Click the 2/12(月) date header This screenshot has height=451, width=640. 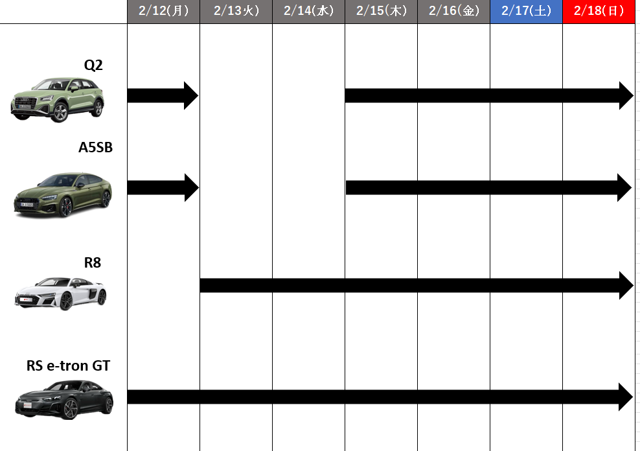pyautogui.click(x=164, y=12)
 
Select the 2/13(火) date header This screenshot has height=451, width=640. pyautogui.click(x=236, y=12)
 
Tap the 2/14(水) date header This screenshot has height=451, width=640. pyautogui.click(x=308, y=12)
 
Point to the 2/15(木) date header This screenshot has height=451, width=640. pyautogui.click(x=382, y=12)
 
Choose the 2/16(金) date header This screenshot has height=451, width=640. pyautogui.click(x=454, y=12)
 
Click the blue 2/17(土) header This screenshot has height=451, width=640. pyautogui.click(x=526, y=12)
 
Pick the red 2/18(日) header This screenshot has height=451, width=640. pyautogui.click(x=599, y=12)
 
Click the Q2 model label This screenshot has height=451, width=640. pyautogui.click(x=93, y=65)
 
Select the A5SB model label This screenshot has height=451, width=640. pyautogui.click(x=95, y=147)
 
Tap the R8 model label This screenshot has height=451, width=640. pyautogui.click(x=93, y=262)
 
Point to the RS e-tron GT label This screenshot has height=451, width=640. pyautogui.click(x=68, y=365)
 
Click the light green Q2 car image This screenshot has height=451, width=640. pyautogui.click(x=58, y=100)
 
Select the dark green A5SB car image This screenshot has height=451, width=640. pyautogui.click(x=63, y=194)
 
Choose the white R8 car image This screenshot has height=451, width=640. pyautogui.click(x=60, y=293)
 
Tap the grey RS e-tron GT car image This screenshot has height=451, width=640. pyautogui.click(x=64, y=399)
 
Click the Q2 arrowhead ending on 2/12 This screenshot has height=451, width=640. pyautogui.click(x=190, y=95)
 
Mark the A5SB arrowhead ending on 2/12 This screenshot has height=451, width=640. pyautogui.click(x=192, y=188)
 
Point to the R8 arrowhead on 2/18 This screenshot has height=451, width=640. pyautogui.click(x=626, y=285)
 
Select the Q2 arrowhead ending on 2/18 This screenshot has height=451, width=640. pyautogui.click(x=626, y=95)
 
